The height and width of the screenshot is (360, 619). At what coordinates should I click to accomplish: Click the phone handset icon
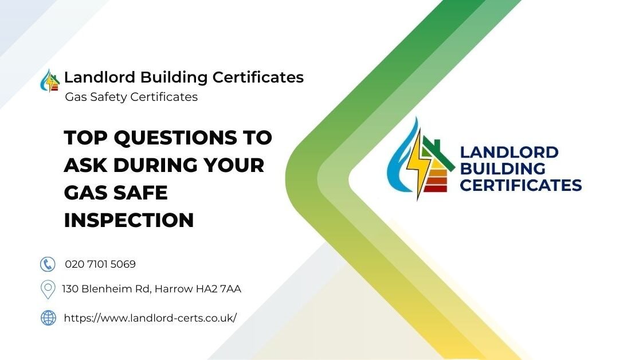(x=48, y=264)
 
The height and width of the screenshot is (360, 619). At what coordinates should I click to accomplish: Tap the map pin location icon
(x=48, y=289)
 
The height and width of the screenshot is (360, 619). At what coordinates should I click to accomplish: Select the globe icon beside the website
(x=48, y=318)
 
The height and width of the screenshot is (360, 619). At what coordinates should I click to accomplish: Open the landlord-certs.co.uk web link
(x=150, y=318)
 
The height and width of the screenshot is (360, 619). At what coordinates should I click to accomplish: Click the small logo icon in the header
(x=50, y=81)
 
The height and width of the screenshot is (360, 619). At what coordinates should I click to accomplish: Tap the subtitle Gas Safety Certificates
(x=131, y=97)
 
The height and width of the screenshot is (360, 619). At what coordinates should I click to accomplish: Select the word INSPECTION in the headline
(x=129, y=220)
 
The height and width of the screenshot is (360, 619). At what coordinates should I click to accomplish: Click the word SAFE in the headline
(x=138, y=193)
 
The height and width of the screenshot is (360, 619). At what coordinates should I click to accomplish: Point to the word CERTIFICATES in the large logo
(x=520, y=185)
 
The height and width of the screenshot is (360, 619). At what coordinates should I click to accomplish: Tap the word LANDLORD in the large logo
(x=509, y=152)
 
